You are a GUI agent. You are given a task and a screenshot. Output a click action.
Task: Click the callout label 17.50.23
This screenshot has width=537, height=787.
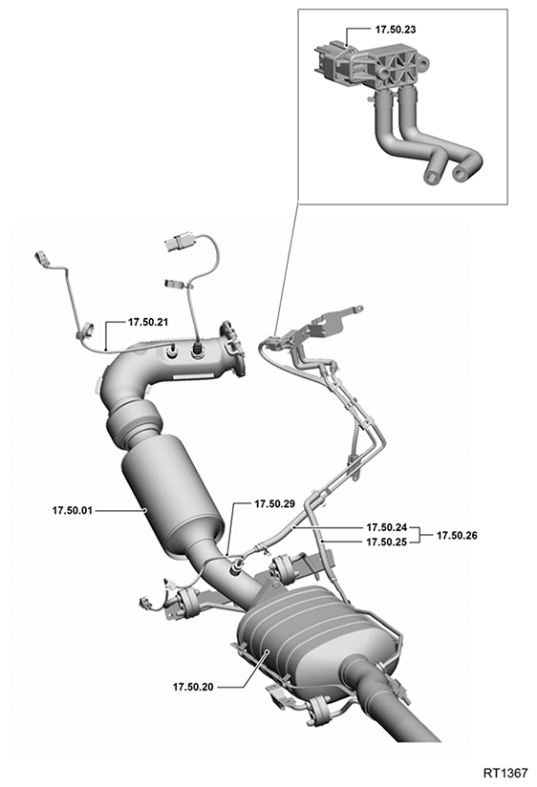(x=396, y=29)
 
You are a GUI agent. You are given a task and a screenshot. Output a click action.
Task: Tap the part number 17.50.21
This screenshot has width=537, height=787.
(x=148, y=322)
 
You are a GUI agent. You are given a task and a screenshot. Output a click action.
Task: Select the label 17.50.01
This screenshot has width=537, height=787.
(x=73, y=510)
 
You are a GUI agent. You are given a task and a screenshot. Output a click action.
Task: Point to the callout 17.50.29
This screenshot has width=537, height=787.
(x=274, y=504)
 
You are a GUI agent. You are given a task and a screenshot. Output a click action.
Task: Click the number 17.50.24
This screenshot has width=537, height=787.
(x=386, y=527)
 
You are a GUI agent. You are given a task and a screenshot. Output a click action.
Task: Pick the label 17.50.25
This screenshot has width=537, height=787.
(x=386, y=542)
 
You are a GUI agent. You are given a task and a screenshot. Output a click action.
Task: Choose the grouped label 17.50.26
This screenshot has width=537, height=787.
(x=457, y=536)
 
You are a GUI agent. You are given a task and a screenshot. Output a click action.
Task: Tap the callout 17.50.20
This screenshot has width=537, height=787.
(x=193, y=687)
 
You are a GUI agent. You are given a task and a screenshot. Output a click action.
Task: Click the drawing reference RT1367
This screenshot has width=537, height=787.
(x=505, y=772)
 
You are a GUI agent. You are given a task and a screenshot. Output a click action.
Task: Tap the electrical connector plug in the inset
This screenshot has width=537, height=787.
(x=328, y=63)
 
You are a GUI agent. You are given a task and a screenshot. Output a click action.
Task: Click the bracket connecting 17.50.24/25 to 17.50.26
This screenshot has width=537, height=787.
(x=419, y=535)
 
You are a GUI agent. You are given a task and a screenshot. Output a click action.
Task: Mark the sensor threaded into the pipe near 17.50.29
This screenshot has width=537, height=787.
(x=237, y=568)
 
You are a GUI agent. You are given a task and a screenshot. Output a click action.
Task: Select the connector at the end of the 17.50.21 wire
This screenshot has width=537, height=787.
(x=41, y=259)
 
